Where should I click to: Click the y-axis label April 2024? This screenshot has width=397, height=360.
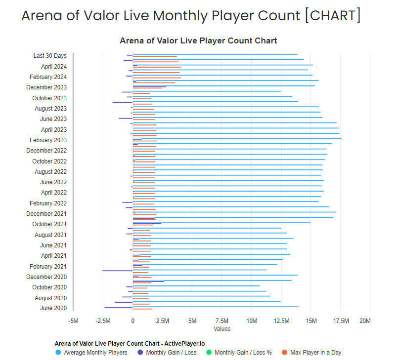(54, 67)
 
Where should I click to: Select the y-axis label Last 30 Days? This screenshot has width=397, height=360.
(50, 56)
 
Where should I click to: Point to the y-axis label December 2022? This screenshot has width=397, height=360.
(46, 151)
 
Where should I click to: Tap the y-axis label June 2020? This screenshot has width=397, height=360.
(53, 309)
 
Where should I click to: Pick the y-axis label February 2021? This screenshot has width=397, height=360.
(48, 267)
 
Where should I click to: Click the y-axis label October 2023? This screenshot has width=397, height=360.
(49, 98)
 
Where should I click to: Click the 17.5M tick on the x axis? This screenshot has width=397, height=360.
(341, 321)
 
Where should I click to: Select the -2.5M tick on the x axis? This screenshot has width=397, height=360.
(102, 321)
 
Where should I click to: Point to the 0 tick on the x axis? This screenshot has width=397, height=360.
(132, 321)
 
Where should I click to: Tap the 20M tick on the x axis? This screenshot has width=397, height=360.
(365, 321)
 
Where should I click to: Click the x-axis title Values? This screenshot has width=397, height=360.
(222, 329)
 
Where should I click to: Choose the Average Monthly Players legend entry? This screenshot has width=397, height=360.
(95, 353)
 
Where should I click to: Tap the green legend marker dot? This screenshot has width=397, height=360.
(209, 353)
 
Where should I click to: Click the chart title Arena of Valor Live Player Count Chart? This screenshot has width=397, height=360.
(198, 40)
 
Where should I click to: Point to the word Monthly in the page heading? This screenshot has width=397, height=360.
(181, 15)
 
